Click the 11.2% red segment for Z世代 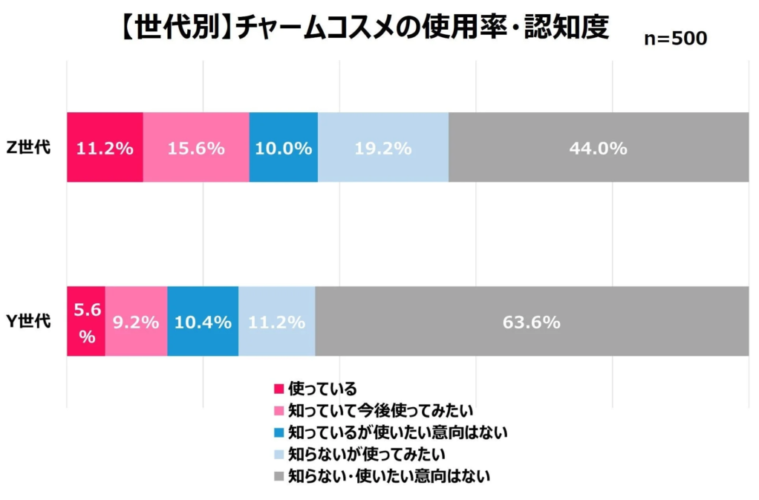pyautogui.click(x=105, y=147)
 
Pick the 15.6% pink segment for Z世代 pyautogui.click(x=196, y=147)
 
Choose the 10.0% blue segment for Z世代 pyautogui.click(x=283, y=147)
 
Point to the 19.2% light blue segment pyautogui.click(x=383, y=147)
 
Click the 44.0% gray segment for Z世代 pyautogui.click(x=598, y=147)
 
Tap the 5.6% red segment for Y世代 pyautogui.click(x=86, y=322)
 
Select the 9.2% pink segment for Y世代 pyautogui.click(x=136, y=322)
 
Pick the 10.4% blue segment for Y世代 pyautogui.click(x=203, y=322)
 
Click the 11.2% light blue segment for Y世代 pyautogui.click(x=276, y=322)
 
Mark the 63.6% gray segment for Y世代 pyautogui.click(x=532, y=322)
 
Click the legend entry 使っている pyautogui.click(x=322, y=389)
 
